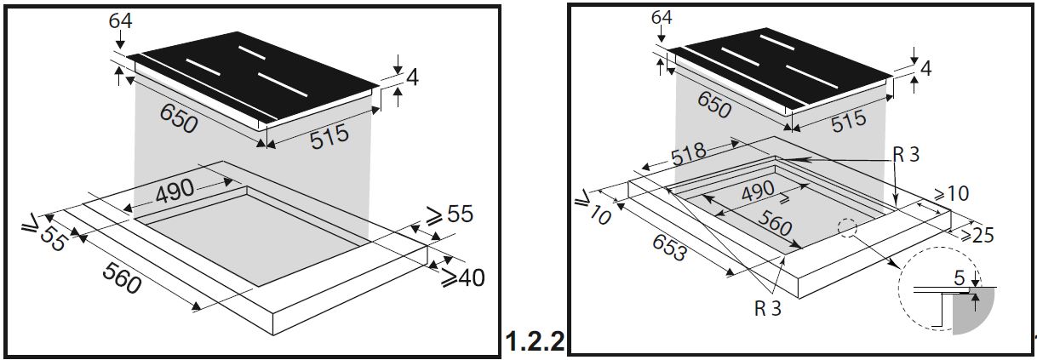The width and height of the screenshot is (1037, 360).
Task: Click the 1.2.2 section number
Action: pos(536,341)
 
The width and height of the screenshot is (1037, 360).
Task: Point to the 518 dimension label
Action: pos(688,154)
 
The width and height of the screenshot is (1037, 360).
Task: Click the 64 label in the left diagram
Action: pos(120,20)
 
